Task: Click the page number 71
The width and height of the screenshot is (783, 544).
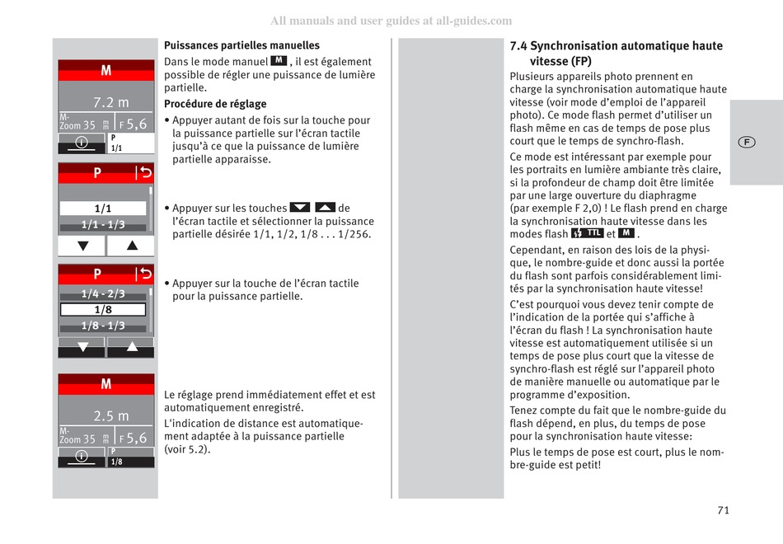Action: [x=723, y=510]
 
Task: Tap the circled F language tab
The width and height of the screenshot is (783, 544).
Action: [x=746, y=142]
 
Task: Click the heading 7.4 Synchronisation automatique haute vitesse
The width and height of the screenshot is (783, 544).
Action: [x=616, y=54]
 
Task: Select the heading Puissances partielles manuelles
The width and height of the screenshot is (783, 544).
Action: [x=241, y=45]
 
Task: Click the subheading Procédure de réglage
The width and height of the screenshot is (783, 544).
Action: [x=215, y=104]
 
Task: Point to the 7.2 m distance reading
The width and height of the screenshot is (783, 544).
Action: [x=111, y=102]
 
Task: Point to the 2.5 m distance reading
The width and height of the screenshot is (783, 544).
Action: [x=111, y=416]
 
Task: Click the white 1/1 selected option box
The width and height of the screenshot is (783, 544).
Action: [x=103, y=209]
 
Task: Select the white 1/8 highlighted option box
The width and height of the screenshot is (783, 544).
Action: [x=103, y=310]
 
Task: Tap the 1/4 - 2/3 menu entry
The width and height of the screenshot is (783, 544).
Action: [x=103, y=294]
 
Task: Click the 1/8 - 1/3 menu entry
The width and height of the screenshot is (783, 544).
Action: [x=103, y=326]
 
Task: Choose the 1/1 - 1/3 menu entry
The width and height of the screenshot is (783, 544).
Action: [x=103, y=225]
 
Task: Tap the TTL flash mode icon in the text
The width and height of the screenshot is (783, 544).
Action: [x=587, y=233]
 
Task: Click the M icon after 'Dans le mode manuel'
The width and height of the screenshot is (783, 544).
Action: [x=279, y=61]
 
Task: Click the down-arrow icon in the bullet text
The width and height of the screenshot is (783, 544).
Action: [x=300, y=208]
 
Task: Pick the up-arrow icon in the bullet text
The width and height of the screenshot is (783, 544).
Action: [x=326, y=208]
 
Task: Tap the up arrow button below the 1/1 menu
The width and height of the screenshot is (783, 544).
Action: [x=129, y=246]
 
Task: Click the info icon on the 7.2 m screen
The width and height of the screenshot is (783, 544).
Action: [x=82, y=143]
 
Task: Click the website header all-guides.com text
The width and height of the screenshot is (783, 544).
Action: [x=391, y=21]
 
